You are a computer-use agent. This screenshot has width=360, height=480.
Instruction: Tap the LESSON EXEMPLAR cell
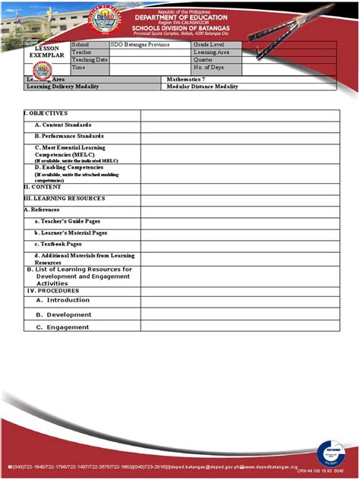point(46,52)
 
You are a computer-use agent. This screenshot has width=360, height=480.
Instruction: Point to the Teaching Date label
point(90,59)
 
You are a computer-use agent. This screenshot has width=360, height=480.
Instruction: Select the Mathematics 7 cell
point(187,80)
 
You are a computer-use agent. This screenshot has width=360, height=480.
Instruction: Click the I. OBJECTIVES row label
point(46,113)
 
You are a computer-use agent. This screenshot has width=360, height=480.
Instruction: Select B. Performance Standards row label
point(69,136)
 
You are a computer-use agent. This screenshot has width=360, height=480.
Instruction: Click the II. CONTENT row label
point(43,186)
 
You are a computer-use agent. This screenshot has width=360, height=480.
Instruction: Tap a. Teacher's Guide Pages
point(70,220)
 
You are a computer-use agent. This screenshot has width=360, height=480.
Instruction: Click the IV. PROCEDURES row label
point(53,290)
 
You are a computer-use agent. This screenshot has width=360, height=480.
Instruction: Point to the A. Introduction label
point(62,300)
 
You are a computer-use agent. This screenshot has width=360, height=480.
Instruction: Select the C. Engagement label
point(62,327)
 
